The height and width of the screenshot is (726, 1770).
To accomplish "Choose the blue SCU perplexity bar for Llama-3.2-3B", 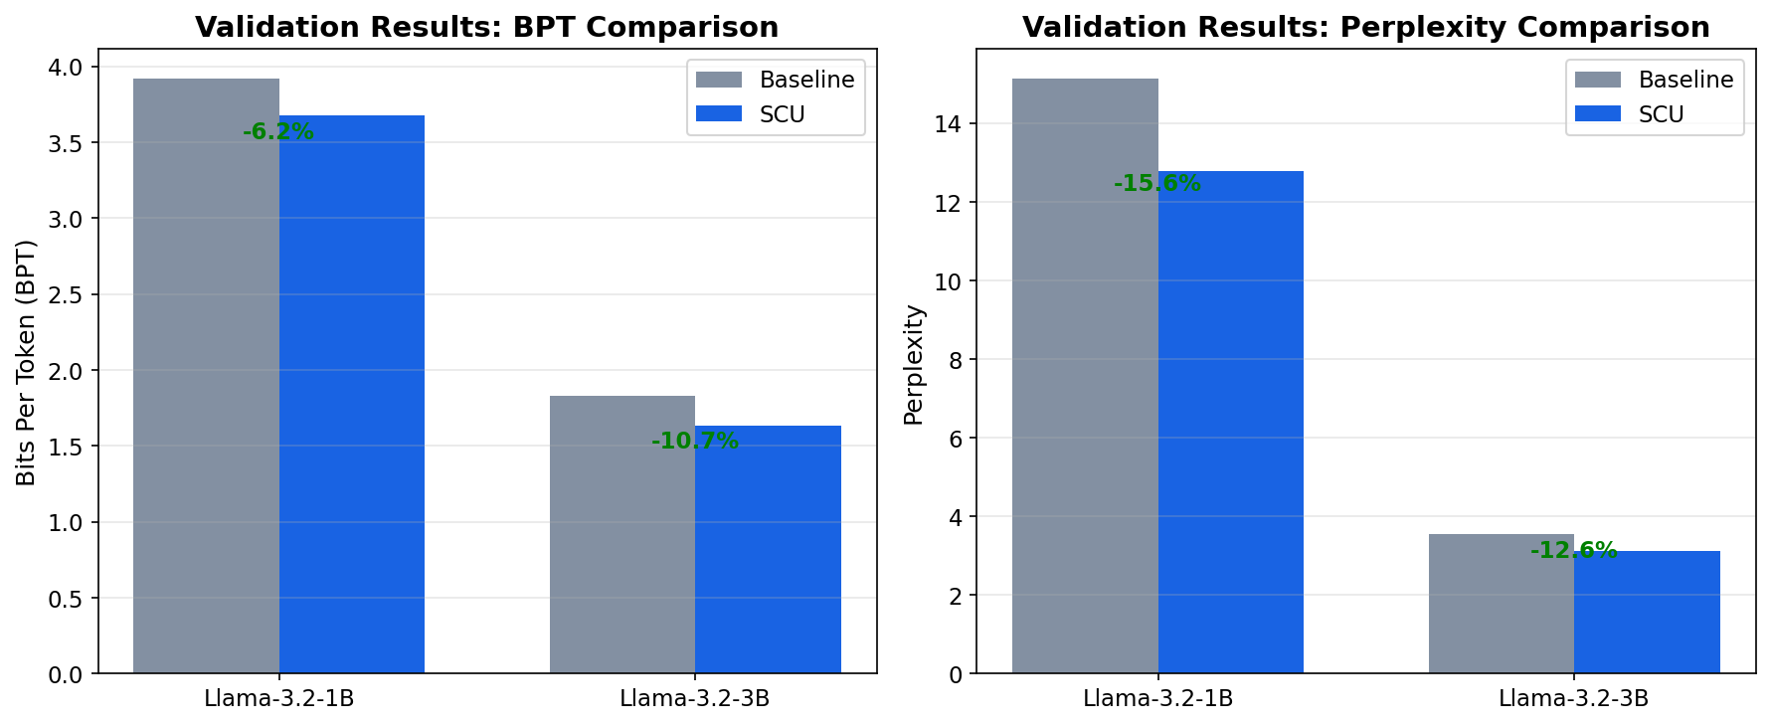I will point(1647,612).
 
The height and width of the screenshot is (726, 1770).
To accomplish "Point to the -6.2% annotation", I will point(278,131).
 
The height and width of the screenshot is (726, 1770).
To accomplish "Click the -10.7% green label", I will point(695,441).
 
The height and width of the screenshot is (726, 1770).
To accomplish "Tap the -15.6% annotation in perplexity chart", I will point(1157,183).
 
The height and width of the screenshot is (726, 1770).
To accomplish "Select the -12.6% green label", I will point(1573,550).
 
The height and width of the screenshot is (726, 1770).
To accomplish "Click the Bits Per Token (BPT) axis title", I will point(27,362).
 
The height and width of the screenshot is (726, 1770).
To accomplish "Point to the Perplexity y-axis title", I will point(914,364).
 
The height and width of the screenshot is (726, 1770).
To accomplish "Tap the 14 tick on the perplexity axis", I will point(949,123).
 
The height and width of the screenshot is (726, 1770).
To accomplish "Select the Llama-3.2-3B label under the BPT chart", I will point(694,698).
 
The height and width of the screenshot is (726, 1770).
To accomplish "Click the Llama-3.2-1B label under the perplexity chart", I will point(1157,698).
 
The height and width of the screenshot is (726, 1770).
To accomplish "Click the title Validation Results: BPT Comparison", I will point(486,27).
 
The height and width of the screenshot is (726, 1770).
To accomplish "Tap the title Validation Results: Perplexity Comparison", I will point(1365,27).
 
